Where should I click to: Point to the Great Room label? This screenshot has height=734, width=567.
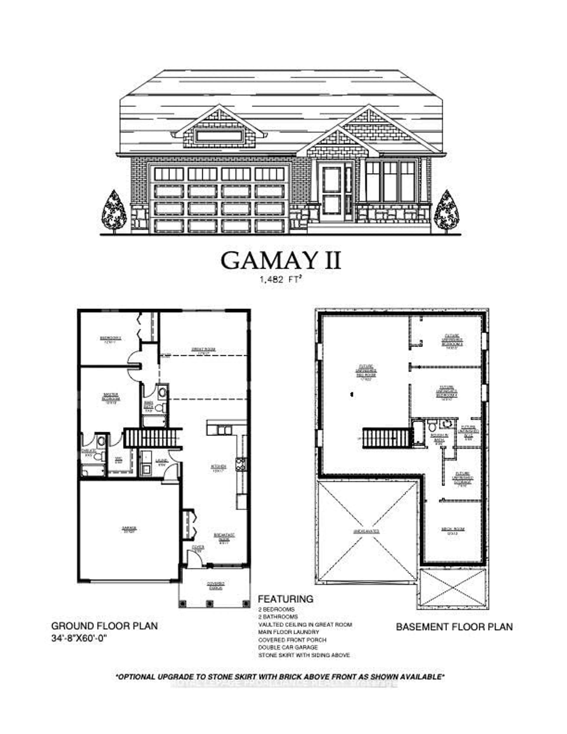(203, 351)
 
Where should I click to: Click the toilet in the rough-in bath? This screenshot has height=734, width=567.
(432, 427)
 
